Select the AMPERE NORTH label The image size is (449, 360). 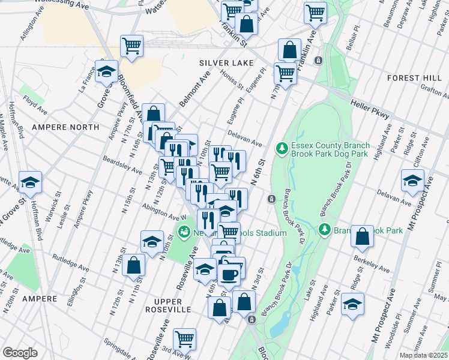pos(65,127)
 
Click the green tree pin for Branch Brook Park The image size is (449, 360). pos(324,230)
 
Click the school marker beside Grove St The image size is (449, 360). pos(106,72)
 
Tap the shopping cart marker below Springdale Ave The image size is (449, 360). pos(184,338)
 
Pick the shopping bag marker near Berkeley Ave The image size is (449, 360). pos(362,237)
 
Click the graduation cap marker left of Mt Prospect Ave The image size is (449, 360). pos(412,181)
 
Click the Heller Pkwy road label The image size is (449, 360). pos(371,107)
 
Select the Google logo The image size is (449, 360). pos(20,353)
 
